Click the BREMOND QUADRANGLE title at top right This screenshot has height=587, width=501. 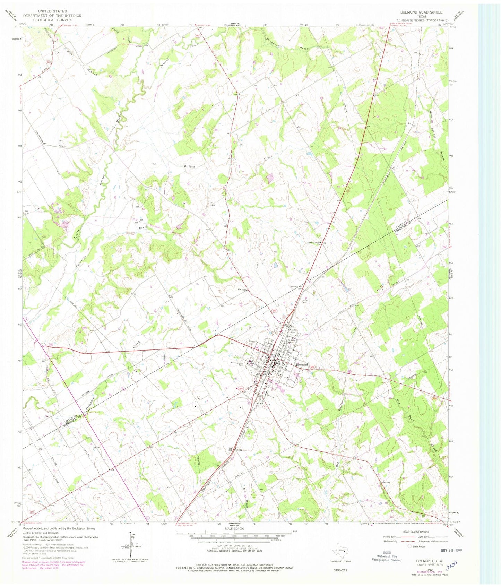pyautogui.click(x=421, y=12)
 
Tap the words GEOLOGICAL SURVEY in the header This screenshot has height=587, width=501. pyautogui.click(x=52, y=20)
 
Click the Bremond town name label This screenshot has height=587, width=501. pyautogui.click(x=302, y=365)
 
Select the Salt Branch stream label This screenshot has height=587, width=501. pyautogui.click(x=81, y=62)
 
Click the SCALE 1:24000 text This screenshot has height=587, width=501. pyautogui.click(x=234, y=528)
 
